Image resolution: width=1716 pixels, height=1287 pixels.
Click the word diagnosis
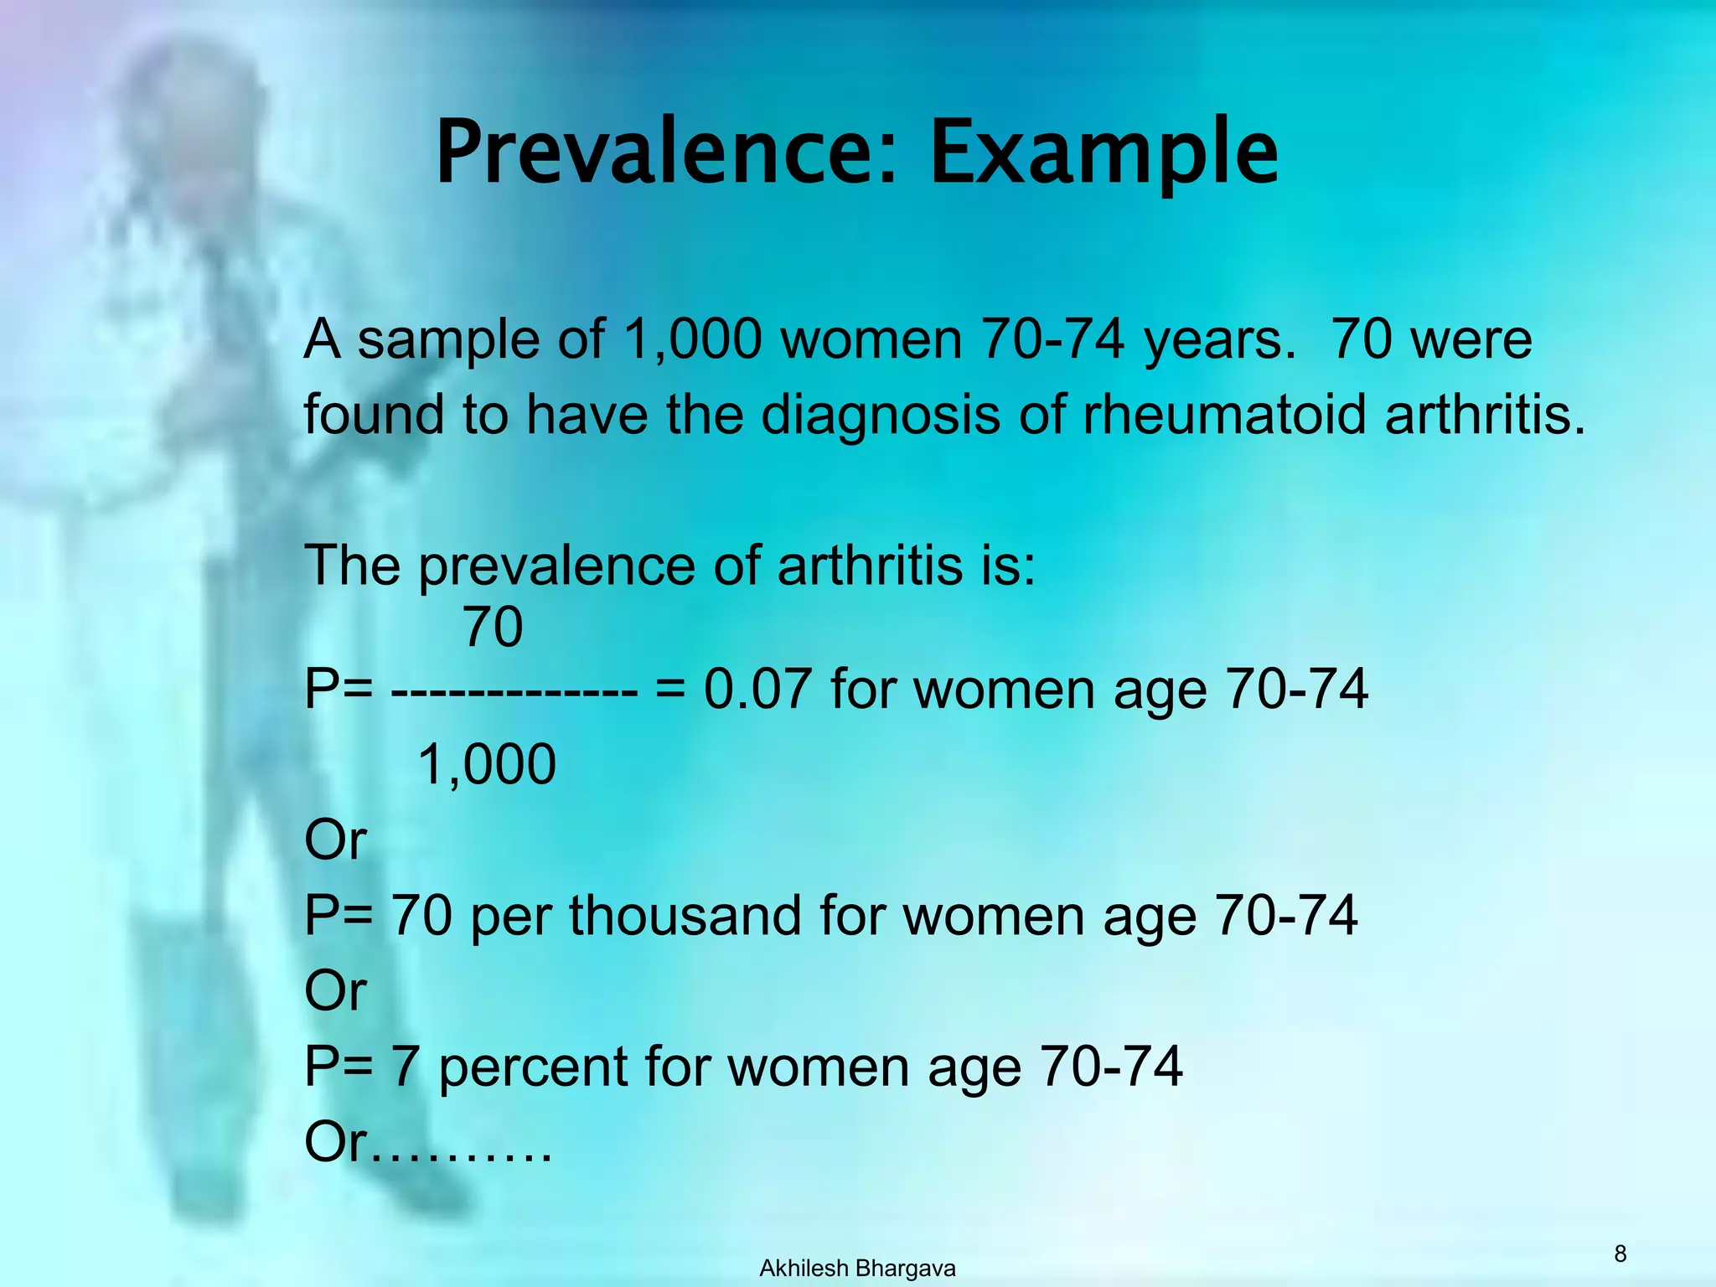click(x=880, y=415)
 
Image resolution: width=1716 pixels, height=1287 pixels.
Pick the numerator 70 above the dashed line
click(x=493, y=627)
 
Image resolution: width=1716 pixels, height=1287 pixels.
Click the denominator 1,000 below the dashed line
click(x=486, y=764)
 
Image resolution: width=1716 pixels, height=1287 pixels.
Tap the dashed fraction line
click(x=514, y=692)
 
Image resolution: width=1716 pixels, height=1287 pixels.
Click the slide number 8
click(x=1620, y=1253)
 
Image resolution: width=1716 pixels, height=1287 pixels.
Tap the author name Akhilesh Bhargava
click(x=857, y=1269)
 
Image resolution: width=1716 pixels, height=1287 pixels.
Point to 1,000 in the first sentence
click(x=691, y=339)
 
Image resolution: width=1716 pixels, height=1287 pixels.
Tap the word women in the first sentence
click(x=871, y=339)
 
